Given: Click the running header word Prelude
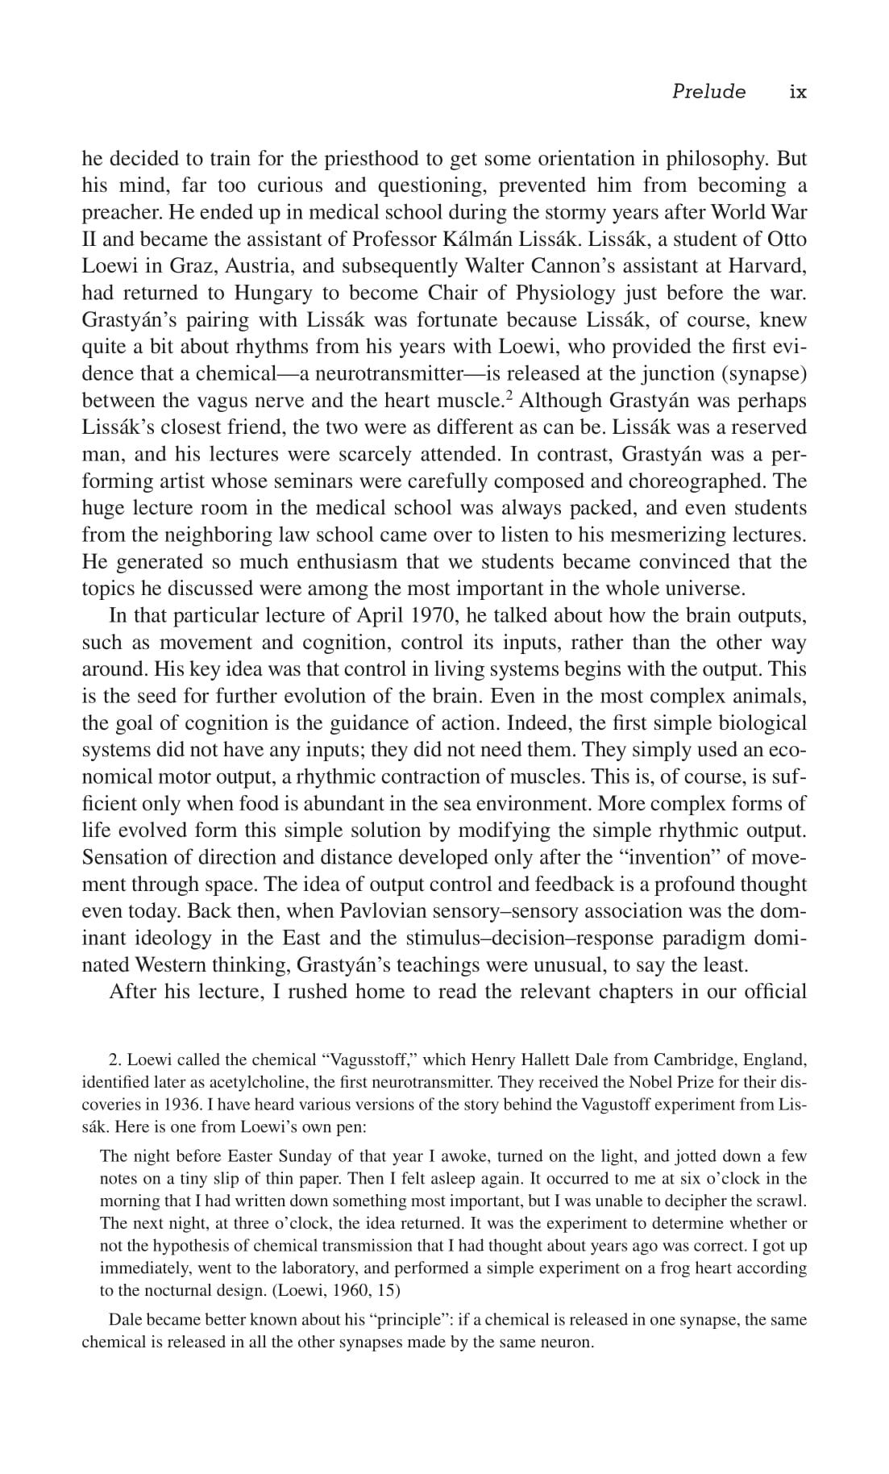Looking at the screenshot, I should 708,91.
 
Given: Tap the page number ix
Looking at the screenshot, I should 797,91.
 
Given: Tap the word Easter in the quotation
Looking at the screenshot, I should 251,1156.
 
